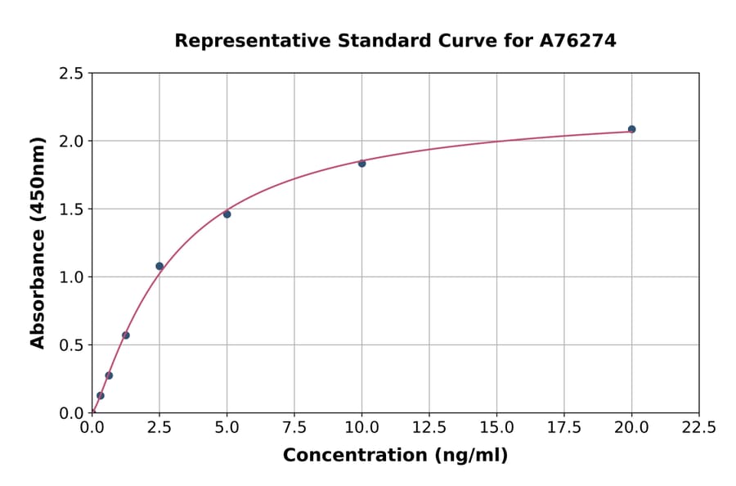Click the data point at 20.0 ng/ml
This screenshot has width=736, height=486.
(631, 129)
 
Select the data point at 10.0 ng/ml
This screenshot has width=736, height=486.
(362, 163)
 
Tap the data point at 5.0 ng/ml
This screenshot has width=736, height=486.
(227, 214)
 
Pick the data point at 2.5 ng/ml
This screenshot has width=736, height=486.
(159, 266)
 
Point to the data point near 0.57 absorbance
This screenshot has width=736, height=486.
(126, 335)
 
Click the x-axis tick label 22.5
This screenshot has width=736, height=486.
(698, 428)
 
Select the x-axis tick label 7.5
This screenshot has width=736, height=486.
(294, 428)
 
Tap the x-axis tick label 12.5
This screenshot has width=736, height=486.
(429, 428)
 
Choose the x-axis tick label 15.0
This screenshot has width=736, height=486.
(496, 428)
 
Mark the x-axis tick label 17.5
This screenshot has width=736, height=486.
(564, 428)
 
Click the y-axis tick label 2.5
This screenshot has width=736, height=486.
(72, 74)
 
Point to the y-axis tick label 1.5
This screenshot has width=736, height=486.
(72, 209)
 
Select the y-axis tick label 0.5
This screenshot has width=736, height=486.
(72, 345)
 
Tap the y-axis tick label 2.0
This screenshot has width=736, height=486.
(72, 142)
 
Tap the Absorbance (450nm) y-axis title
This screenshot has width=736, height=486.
(38, 243)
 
